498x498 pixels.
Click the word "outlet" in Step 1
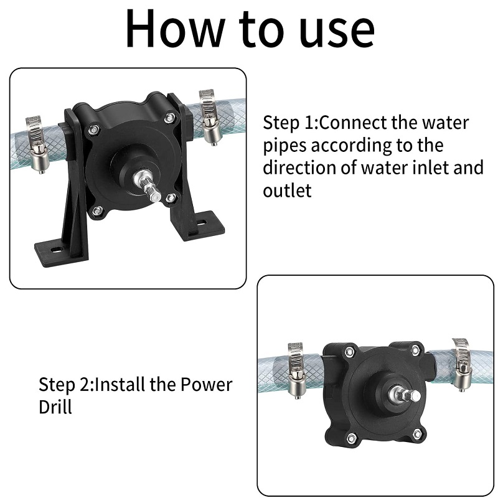coord(287,190)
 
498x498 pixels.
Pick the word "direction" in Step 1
coord(299,167)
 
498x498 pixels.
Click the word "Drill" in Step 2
coord(55,406)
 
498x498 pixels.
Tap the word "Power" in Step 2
coord(207,384)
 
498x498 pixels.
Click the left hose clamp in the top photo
coord(37,144)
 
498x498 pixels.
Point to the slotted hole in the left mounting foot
coord(57,250)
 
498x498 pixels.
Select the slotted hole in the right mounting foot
coord(201,223)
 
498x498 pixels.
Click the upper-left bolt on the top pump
coord(92,129)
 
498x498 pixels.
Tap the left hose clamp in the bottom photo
coord(297,370)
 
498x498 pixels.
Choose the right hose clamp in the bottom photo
coord(462,365)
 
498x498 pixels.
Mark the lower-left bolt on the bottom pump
coord(351,438)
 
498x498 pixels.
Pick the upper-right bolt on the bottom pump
coord(415,350)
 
